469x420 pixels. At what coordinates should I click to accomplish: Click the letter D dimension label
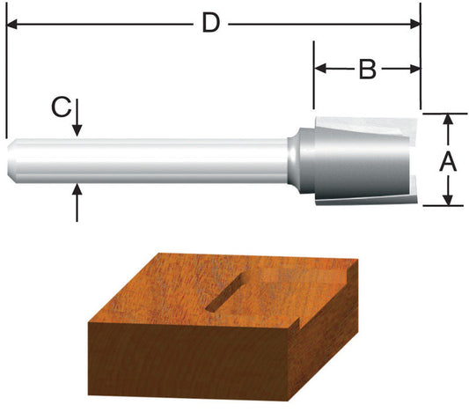(x=209, y=23)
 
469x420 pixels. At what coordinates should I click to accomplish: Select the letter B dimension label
(x=367, y=69)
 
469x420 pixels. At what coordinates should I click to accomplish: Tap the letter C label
(x=59, y=107)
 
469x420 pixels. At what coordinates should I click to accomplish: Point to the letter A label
(x=447, y=161)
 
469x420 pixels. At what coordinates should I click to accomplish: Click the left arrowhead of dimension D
(x=12, y=24)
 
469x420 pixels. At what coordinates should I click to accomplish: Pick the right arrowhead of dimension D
(x=414, y=24)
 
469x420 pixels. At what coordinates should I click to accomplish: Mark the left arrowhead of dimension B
(x=321, y=69)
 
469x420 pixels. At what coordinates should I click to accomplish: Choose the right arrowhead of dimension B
(x=414, y=69)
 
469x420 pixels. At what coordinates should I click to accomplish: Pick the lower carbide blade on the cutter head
(x=370, y=200)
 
